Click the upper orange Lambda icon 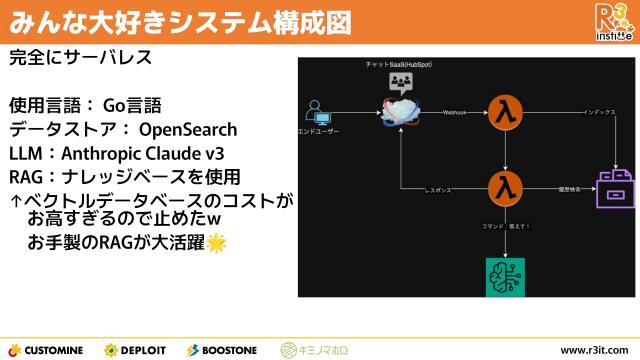[x=505, y=113]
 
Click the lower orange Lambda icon [x=505, y=187]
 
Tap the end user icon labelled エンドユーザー [x=318, y=113]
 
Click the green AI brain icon [x=505, y=274]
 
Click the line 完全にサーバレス [x=80, y=57]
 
